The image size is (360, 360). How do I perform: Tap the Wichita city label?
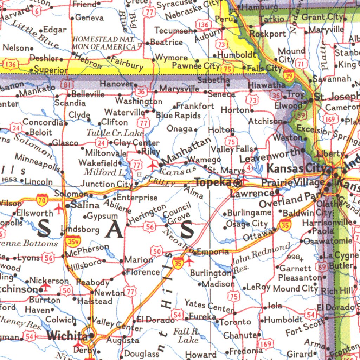67,335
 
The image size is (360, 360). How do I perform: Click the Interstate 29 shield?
289,75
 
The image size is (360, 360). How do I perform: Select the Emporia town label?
213,252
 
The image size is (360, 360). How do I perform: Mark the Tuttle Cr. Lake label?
115,133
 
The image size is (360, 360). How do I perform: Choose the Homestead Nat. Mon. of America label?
104,43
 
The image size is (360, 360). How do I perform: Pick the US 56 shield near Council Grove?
150,227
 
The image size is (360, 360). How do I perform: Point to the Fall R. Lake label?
186,335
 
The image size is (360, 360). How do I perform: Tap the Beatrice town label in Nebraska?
166,42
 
